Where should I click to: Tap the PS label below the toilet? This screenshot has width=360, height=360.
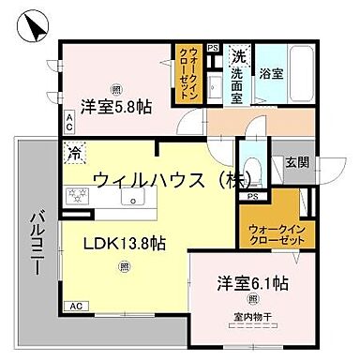click(x=251, y=197)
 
